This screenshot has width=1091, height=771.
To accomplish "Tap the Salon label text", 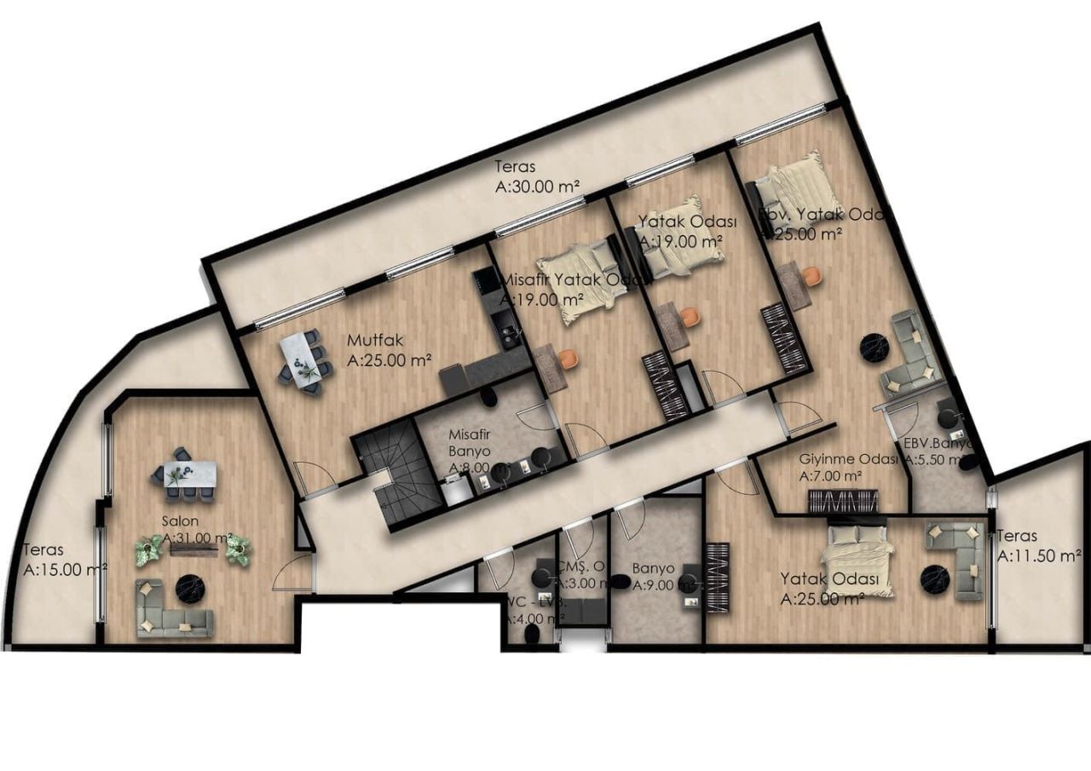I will click(x=180, y=521).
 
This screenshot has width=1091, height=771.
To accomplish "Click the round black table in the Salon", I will click(x=188, y=588).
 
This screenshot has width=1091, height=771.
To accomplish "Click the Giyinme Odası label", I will click(x=848, y=459).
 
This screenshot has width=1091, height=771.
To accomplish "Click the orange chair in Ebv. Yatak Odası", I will click(x=811, y=275).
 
